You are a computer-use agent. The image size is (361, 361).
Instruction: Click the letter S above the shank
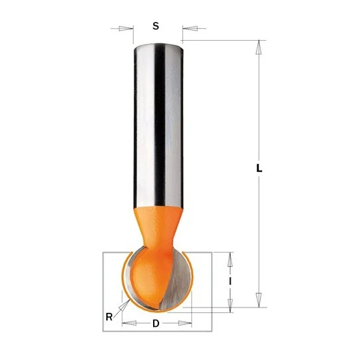point(156,26)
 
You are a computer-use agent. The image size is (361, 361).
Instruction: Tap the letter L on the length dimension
point(259,168)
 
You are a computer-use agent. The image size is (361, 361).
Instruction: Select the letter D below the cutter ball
point(156,324)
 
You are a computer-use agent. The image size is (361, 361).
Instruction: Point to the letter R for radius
point(109,317)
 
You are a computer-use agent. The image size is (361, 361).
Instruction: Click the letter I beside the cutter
point(230,281)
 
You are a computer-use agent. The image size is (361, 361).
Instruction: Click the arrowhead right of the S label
point(190,29)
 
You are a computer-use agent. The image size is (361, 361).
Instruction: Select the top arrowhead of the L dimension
point(259,47)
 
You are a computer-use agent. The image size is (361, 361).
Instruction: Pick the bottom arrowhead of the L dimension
point(259,300)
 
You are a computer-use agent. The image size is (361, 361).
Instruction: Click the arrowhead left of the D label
point(129,324)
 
